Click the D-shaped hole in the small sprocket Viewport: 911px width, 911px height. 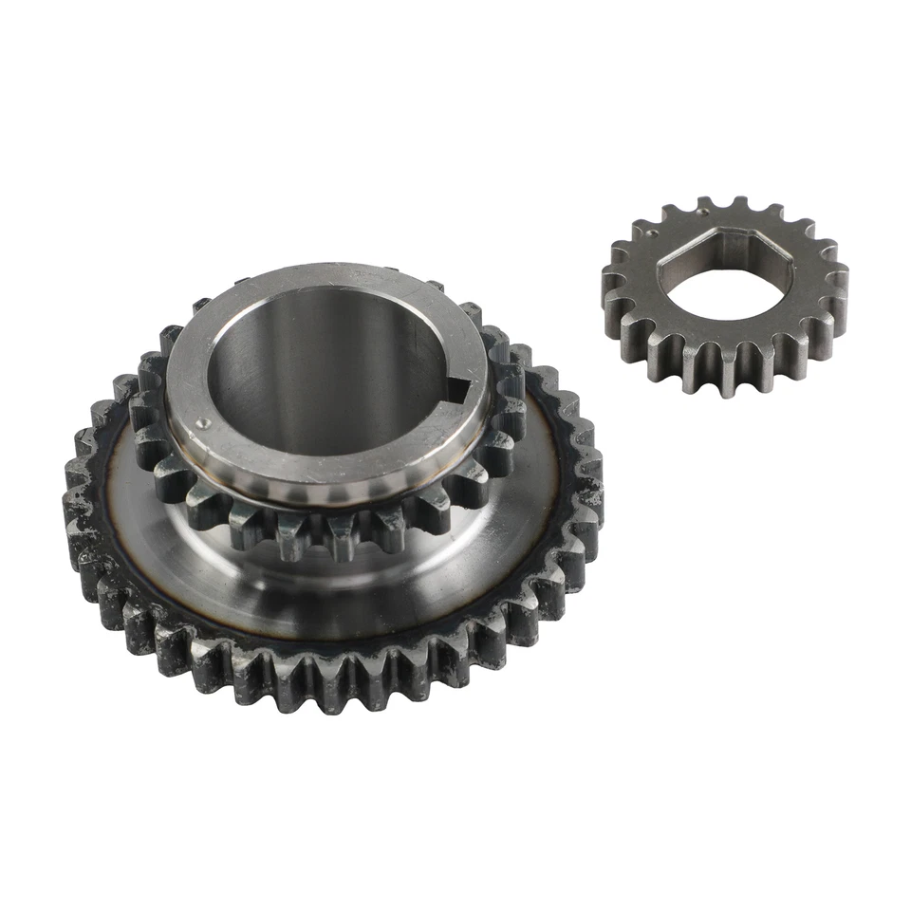click(x=721, y=285)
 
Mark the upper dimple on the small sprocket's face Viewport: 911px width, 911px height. click(x=656, y=229)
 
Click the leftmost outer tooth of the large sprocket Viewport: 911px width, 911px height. click(x=74, y=503)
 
